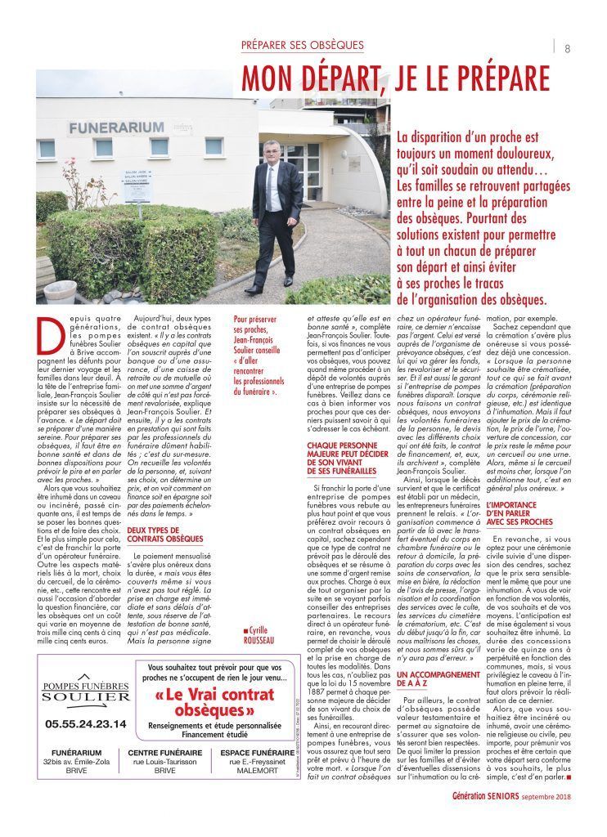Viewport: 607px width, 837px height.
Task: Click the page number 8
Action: click(567, 47)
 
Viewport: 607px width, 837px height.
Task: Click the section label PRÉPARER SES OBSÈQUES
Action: click(302, 44)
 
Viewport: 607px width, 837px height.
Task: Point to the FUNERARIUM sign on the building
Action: click(106, 128)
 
